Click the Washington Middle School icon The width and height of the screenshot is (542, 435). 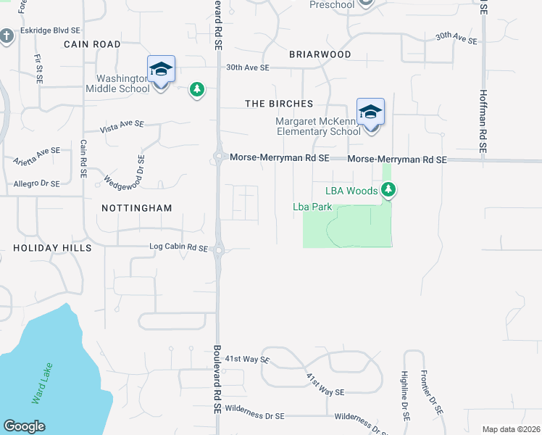click(161, 70)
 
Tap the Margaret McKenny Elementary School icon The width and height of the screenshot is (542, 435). click(370, 112)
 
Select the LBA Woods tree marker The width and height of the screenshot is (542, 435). click(390, 190)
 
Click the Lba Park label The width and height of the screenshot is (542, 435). click(312, 207)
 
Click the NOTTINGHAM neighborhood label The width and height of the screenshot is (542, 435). click(137, 208)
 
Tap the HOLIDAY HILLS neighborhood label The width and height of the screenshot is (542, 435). click(52, 248)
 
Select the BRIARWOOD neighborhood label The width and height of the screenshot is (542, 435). click(320, 54)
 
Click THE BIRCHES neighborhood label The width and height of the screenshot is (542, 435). click(279, 104)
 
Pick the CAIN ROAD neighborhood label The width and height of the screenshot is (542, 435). click(92, 44)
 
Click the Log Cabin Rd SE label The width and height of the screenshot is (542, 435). click(178, 246)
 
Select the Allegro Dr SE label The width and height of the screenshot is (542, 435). click(36, 184)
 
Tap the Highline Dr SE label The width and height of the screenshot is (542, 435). click(404, 397)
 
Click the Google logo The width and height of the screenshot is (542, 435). click(24, 426)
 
